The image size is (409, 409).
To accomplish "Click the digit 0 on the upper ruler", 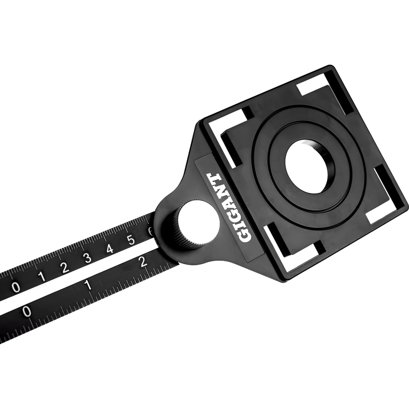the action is coord(16,287).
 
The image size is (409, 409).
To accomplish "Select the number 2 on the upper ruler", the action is coord(65,267).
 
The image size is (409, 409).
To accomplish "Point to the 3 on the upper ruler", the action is coord(88,258).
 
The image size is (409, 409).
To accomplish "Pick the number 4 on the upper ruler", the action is coord(110,249).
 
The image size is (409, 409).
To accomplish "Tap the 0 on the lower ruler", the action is coord(27,311).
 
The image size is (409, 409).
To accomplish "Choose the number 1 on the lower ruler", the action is coord(88,285).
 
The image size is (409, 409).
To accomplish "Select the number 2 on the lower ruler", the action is coord(143,262).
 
